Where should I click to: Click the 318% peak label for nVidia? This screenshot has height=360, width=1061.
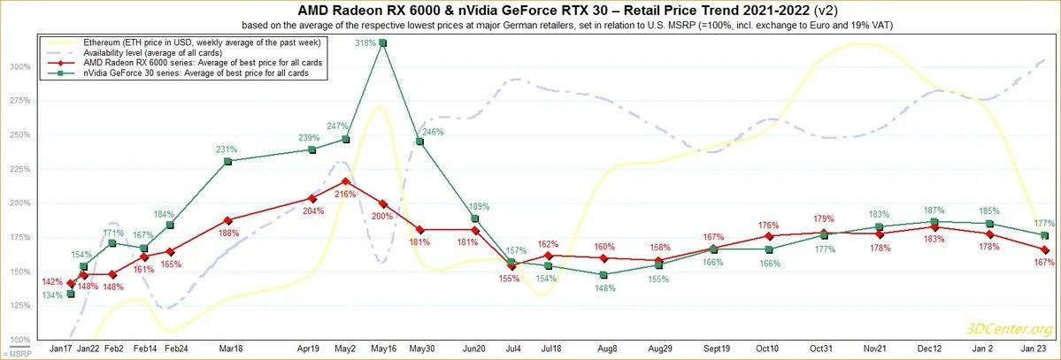[x=363, y=42]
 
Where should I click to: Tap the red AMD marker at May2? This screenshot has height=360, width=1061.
[x=344, y=181]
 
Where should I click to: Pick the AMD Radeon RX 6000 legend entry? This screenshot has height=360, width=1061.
[x=195, y=64]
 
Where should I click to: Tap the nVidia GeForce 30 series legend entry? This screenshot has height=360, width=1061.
[x=195, y=74]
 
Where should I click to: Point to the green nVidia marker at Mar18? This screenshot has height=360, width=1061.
[x=227, y=161]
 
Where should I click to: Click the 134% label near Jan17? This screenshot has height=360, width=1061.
[x=52, y=295]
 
